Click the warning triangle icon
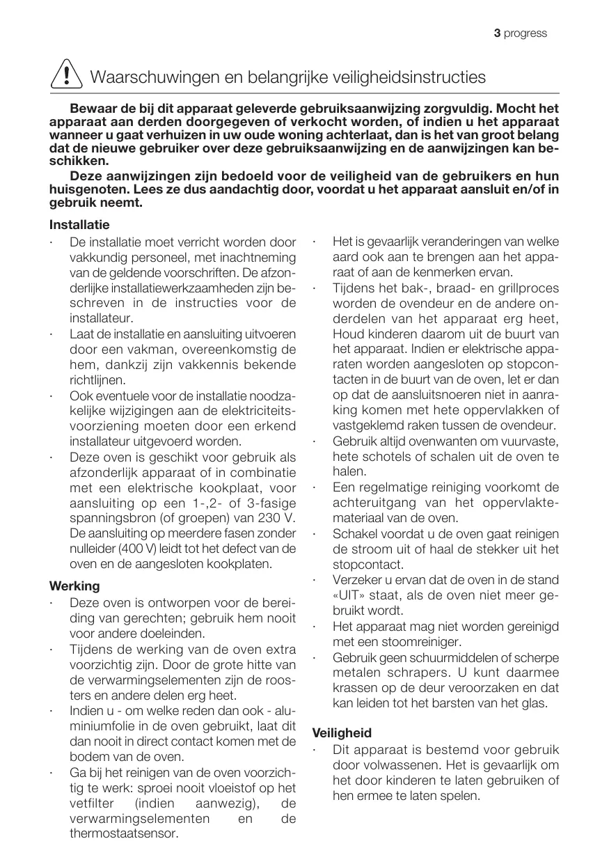66,74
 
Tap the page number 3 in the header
497,33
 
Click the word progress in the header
525,33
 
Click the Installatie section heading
79,225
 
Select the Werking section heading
74,586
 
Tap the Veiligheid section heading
342,732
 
